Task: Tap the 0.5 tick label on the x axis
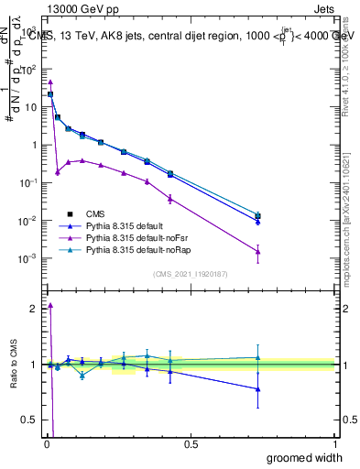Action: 191,444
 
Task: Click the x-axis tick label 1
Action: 334,444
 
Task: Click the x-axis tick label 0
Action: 47,444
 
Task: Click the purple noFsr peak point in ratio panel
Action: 50,305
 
